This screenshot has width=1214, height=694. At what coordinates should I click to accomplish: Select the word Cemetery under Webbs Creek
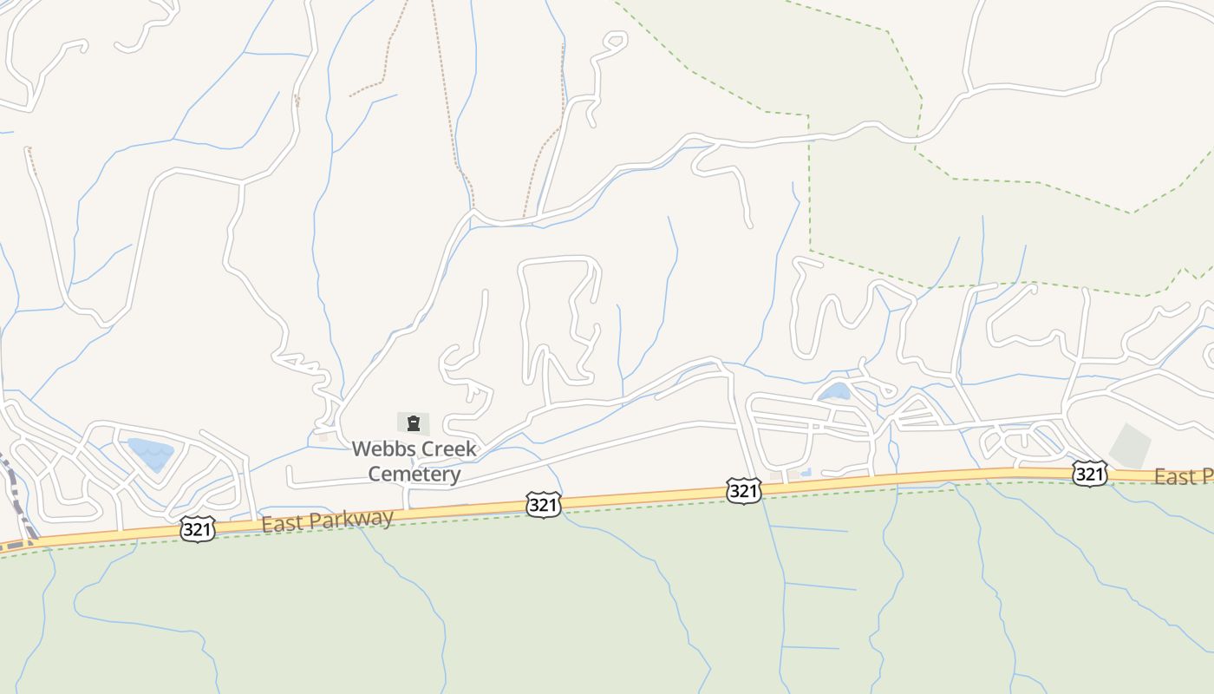tap(414, 475)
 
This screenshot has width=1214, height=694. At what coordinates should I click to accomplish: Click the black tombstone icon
tap(414, 424)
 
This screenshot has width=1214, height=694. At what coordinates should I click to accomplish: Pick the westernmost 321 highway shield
tap(198, 529)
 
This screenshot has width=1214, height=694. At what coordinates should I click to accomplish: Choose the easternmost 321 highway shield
tap(1089, 473)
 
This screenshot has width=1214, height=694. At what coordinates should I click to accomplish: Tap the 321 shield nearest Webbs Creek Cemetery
tap(543, 505)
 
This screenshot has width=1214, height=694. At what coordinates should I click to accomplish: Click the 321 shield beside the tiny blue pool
tap(743, 491)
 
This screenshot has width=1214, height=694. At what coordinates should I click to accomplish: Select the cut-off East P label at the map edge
tap(1183, 476)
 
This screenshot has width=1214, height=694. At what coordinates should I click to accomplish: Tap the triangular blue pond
tap(151, 453)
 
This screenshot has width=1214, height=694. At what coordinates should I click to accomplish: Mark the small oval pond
tap(835, 391)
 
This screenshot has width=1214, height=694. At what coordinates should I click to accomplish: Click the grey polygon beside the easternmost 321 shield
tap(1130, 444)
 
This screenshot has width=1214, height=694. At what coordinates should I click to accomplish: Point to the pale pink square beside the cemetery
tap(323, 436)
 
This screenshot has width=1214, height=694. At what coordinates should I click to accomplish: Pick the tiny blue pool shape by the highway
tap(806, 472)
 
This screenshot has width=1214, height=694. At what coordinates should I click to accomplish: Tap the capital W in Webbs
tap(361, 449)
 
